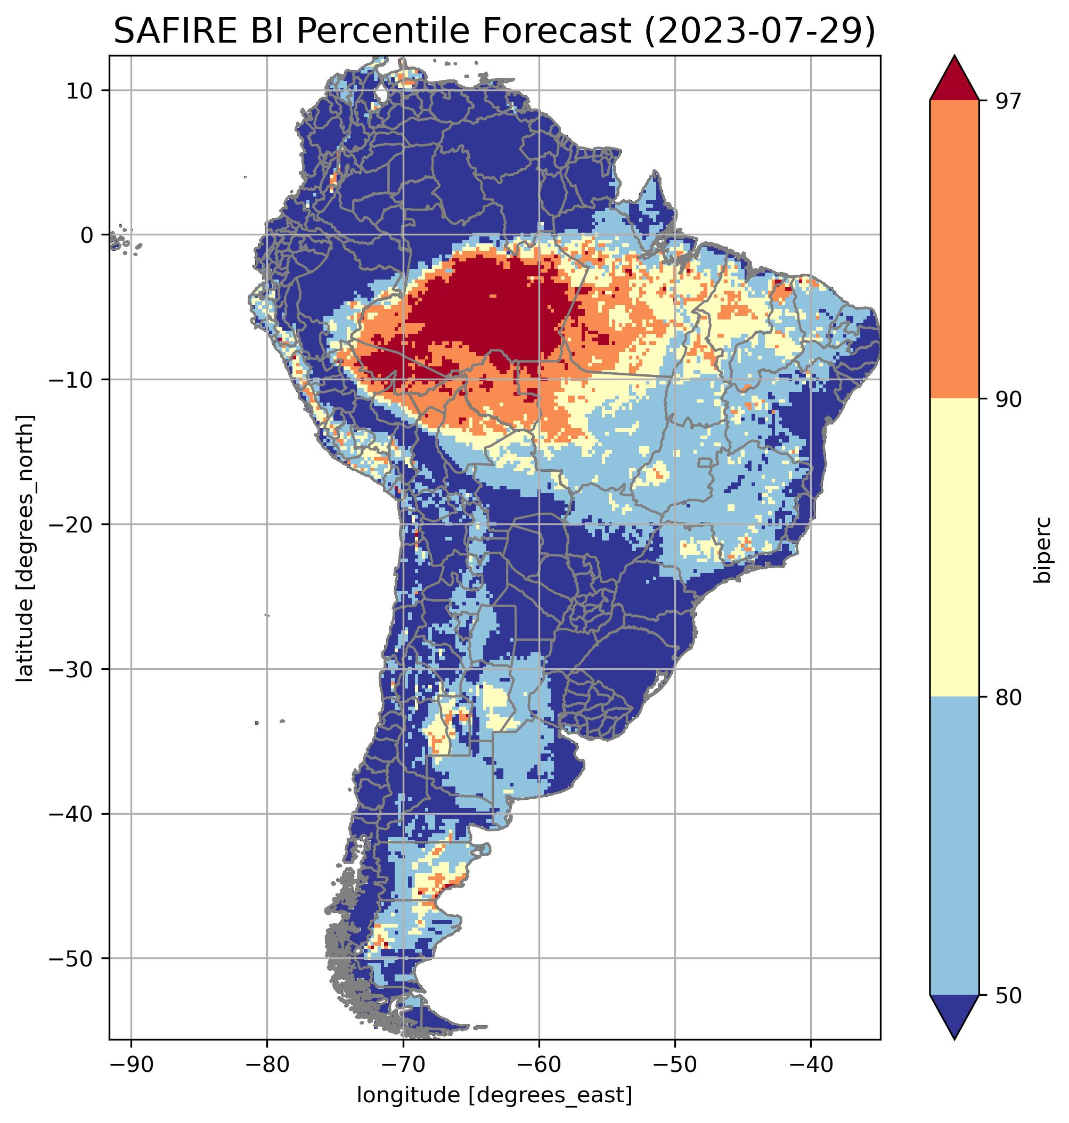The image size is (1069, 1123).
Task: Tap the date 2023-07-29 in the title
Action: (758, 31)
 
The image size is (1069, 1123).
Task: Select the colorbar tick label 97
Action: (1008, 101)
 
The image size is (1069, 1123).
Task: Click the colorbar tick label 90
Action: (1008, 399)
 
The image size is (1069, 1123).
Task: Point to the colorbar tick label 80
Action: (1008, 698)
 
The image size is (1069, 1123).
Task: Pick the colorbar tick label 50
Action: (1008, 996)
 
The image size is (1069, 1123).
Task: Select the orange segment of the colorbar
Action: (954, 250)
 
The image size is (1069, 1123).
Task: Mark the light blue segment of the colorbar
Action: (954, 846)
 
